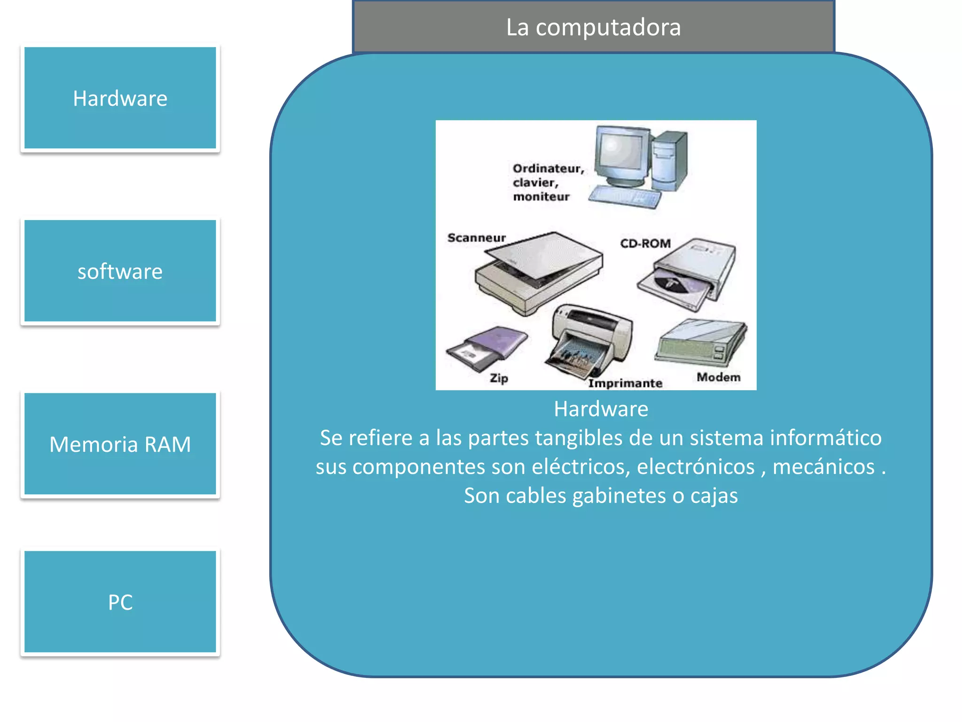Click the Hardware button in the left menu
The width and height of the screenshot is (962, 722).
(x=120, y=98)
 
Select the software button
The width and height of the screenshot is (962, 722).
(x=120, y=271)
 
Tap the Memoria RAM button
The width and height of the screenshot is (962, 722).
(x=120, y=444)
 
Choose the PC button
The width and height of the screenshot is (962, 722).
(x=120, y=602)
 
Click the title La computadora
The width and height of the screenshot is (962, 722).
(x=593, y=27)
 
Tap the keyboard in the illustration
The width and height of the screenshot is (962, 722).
(x=625, y=197)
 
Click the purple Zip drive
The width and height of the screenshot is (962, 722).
(x=488, y=348)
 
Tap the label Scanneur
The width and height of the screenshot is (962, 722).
(x=476, y=238)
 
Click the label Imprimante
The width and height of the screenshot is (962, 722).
(x=625, y=383)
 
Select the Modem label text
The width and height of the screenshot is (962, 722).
(x=718, y=377)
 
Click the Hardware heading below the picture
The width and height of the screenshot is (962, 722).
(x=601, y=409)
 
